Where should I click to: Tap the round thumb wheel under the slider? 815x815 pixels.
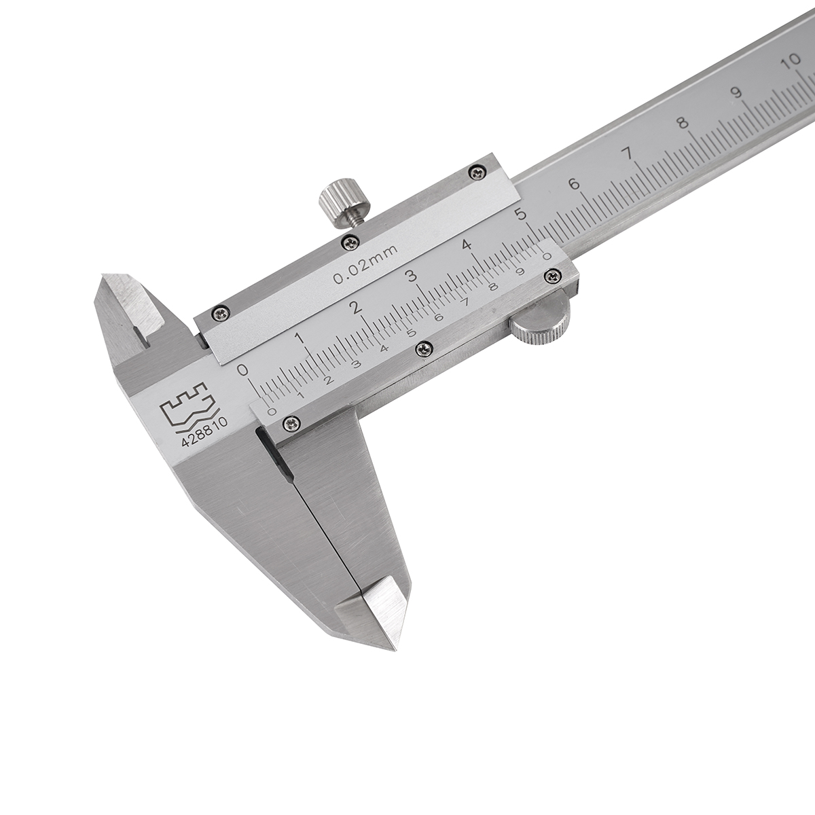(540, 320)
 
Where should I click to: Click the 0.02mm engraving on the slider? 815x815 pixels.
(365, 264)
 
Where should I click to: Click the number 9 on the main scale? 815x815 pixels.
(738, 92)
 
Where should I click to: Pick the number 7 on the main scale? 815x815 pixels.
(629, 153)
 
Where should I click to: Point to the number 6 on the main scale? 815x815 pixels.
(575, 185)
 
